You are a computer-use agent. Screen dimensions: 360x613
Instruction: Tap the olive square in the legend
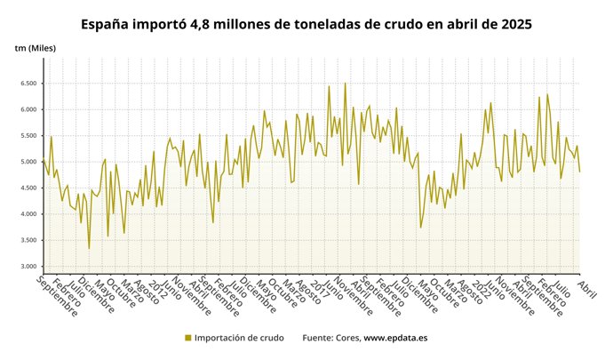coord(187,338)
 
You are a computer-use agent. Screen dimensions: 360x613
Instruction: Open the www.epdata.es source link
coord(395,338)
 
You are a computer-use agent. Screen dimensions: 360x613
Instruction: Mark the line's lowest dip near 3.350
coord(89,248)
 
